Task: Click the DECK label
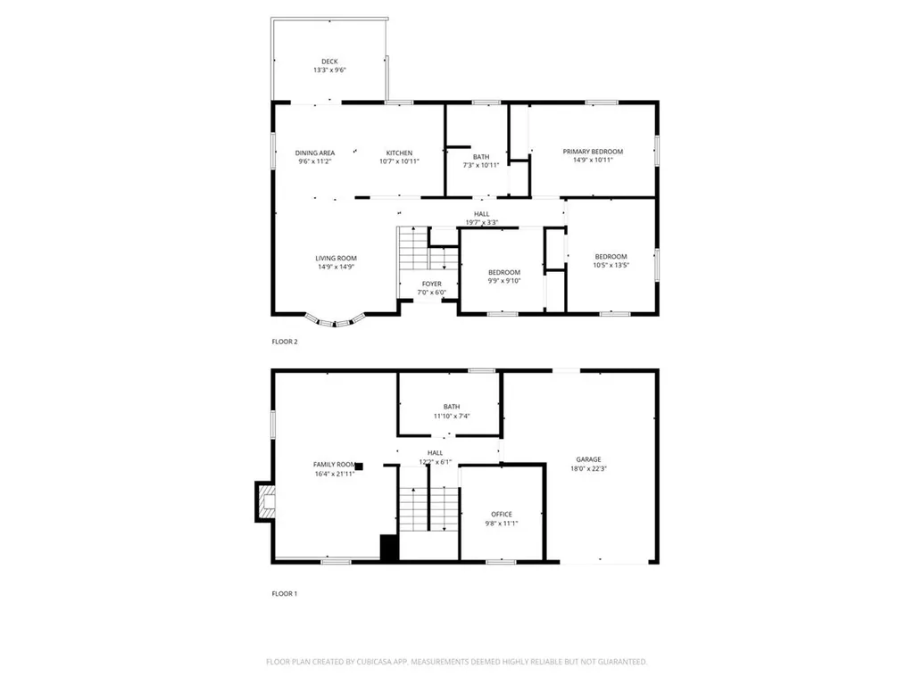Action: pos(329,62)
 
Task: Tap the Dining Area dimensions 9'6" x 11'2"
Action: pos(315,162)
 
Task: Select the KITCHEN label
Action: pos(399,153)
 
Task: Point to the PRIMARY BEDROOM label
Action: pos(593,152)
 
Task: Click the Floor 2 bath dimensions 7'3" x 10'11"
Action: pos(481,165)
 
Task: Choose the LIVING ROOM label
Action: pos(336,258)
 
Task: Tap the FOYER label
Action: pos(431,284)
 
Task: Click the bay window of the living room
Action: pos(336,319)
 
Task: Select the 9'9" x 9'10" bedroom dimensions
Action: pos(503,281)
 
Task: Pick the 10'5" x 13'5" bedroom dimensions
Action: pos(611,265)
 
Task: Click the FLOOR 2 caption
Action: pos(285,342)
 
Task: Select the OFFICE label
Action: pos(502,514)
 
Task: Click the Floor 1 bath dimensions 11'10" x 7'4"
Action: pos(452,416)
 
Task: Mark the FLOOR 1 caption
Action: pos(285,592)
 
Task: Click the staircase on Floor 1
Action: pos(428,510)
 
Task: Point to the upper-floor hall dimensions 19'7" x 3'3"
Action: pos(482,223)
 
